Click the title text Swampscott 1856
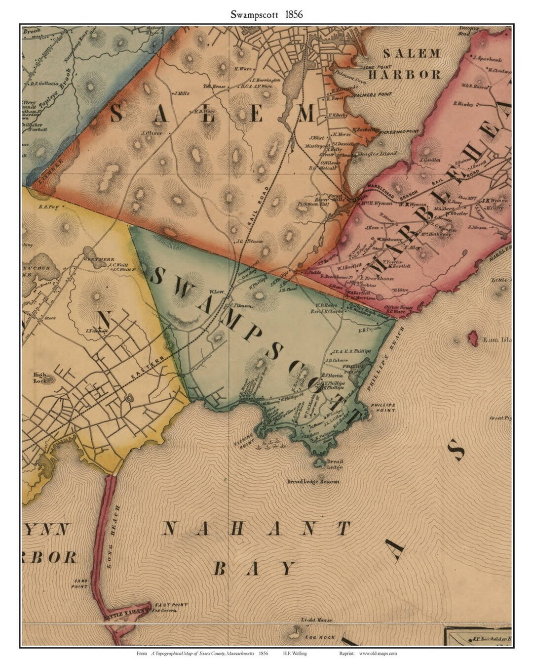pos(266,14)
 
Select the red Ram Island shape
pos(471,339)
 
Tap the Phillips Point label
pos(383,407)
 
